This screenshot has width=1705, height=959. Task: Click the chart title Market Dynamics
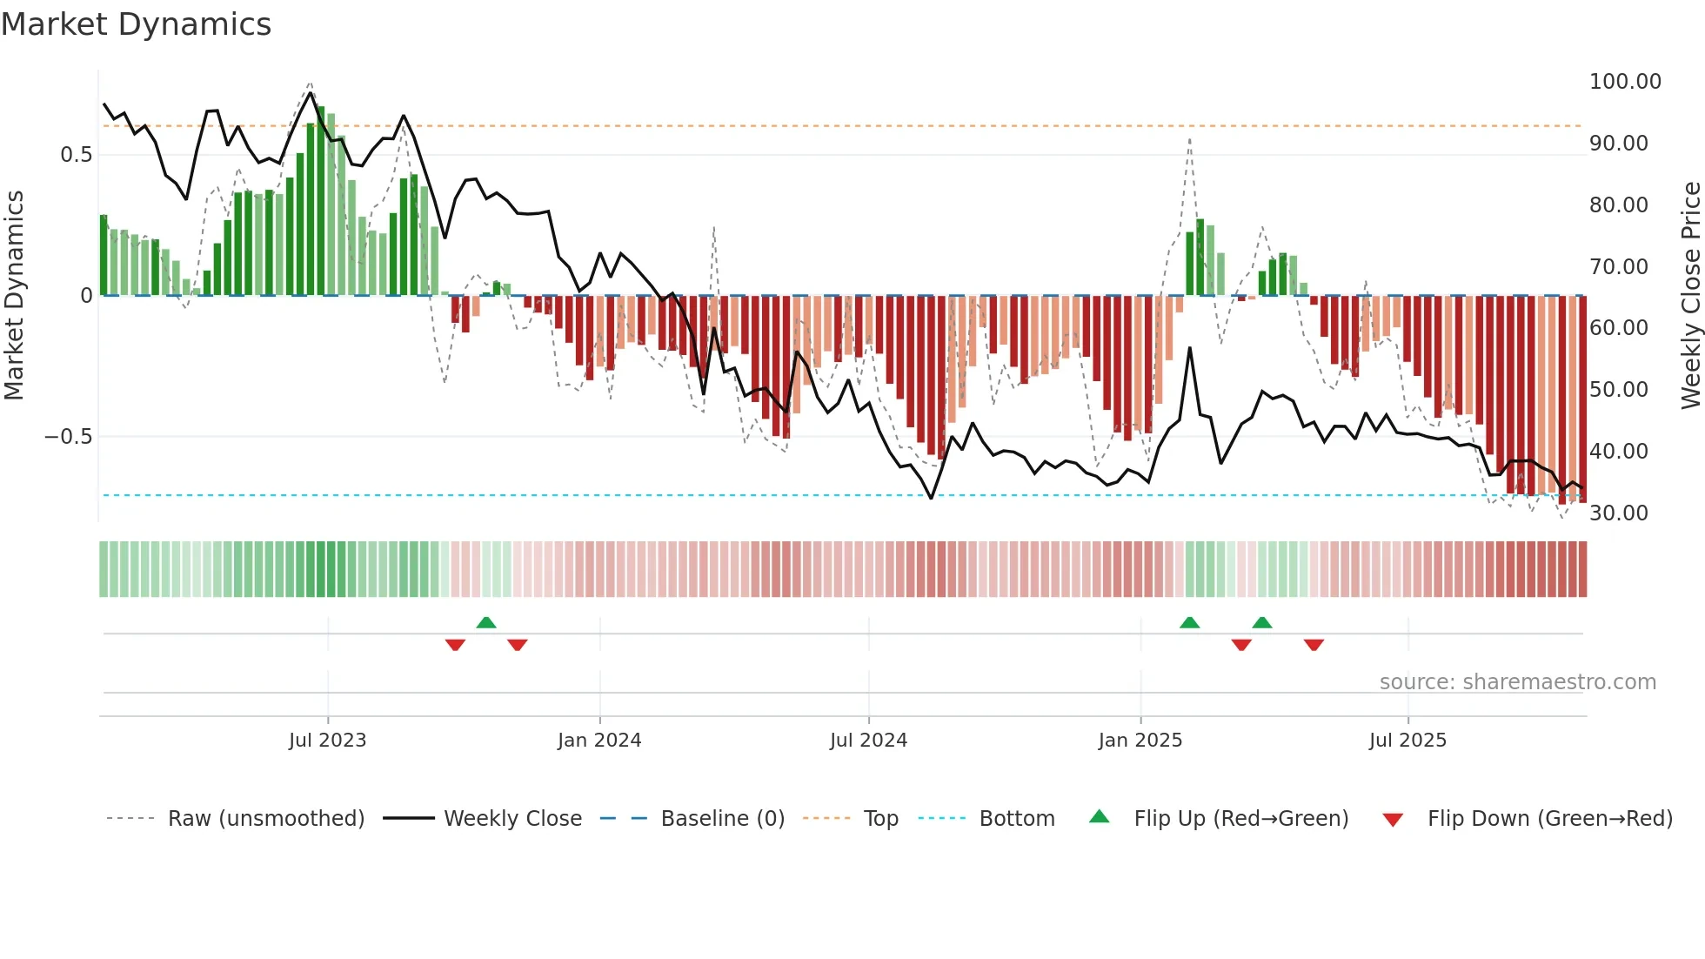136,24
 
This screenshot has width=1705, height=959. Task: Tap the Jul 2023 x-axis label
327,741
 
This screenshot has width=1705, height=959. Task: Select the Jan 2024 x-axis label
599,741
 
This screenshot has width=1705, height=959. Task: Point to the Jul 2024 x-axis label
868,741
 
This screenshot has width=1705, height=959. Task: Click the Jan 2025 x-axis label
1140,741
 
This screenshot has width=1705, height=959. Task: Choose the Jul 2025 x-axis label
1407,741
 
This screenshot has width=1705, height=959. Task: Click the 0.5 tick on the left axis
76,155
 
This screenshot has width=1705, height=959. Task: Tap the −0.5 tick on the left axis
68,437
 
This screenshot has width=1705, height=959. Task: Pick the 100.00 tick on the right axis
1624,82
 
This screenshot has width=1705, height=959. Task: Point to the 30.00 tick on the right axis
1618,513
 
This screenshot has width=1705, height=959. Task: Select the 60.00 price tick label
1618,328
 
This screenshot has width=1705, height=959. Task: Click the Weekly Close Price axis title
1690,295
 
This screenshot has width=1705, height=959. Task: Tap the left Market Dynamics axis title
14,295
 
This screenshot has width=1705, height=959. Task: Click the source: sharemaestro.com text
1517,682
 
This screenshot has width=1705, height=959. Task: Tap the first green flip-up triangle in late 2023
486,622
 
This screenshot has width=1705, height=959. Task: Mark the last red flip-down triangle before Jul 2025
1314,645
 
